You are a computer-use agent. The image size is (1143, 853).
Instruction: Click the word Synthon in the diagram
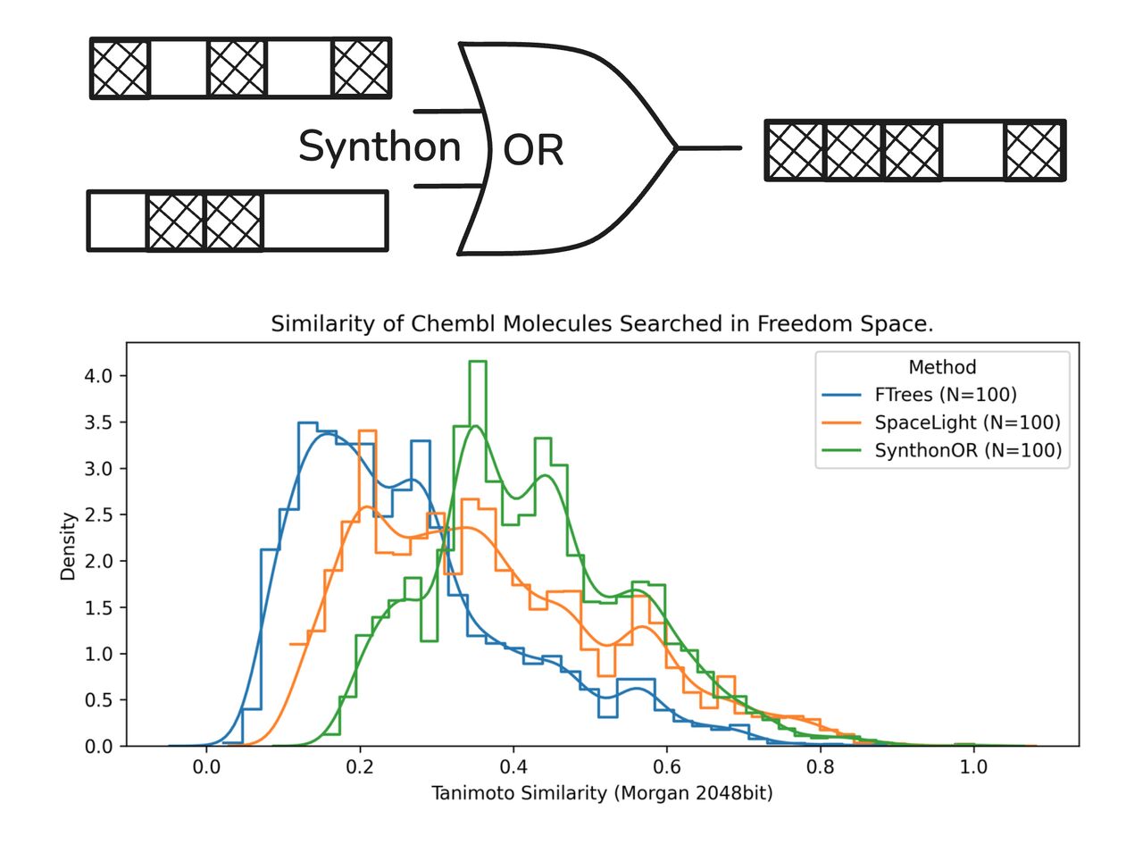[379, 146]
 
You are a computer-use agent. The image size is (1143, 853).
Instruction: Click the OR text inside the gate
[533, 150]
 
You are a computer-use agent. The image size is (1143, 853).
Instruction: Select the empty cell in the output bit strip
[972, 150]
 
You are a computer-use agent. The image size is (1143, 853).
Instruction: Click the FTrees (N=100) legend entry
[945, 395]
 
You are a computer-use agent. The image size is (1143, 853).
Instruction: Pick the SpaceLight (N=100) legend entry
[967, 422]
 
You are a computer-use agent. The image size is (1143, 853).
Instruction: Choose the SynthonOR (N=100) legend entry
[968, 450]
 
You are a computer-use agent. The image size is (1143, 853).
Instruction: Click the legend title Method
[942, 367]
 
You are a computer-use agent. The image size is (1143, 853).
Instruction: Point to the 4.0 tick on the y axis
[98, 376]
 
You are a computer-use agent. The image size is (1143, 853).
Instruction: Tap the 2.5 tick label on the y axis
[98, 515]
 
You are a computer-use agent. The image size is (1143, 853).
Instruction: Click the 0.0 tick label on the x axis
[206, 766]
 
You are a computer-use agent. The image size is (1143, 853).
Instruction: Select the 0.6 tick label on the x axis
[666, 766]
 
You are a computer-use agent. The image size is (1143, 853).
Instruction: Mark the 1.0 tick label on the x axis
[973, 766]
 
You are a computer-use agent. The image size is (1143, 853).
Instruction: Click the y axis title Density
[68, 547]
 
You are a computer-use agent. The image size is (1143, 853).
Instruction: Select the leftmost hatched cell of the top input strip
[121, 68]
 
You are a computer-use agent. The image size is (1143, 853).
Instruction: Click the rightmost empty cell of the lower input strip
[324, 221]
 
